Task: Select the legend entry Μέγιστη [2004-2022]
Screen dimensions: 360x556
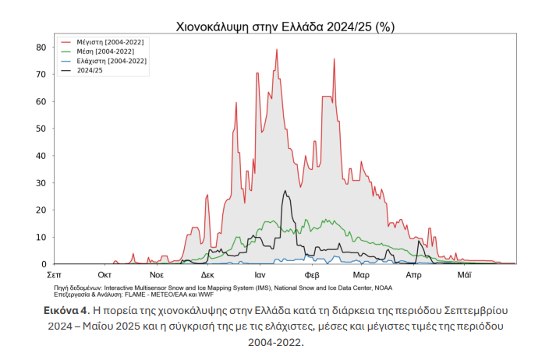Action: pyautogui.click(x=110, y=41)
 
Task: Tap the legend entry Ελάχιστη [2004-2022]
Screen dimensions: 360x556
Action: pyautogui.click(x=111, y=61)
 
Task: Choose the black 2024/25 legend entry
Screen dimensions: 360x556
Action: pyautogui.click(x=90, y=71)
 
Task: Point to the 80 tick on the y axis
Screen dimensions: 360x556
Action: pyautogui.click(x=41, y=47)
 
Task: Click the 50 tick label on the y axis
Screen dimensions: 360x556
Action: pyautogui.click(x=41, y=129)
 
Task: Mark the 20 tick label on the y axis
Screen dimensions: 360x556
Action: pyautogui.click(x=41, y=210)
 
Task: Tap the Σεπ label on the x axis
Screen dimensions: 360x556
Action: pyautogui.click(x=54, y=275)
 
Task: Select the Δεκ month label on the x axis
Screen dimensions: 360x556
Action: pyautogui.click(x=207, y=275)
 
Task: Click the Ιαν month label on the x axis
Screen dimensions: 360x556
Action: pyautogui.click(x=260, y=275)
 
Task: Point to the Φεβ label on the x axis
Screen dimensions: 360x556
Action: pyautogui.click(x=312, y=275)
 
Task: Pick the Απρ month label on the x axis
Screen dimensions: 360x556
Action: pyautogui.click(x=413, y=275)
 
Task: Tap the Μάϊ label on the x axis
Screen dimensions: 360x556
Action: pyautogui.click(x=464, y=275)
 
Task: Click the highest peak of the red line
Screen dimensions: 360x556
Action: pyautogui.click(x=277, y=50)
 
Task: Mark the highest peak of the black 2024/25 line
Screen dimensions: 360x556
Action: pyautogui.click(x=285, y=191)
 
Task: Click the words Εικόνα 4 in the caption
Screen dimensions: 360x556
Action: pyautogui.click(x=65, y=310)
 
